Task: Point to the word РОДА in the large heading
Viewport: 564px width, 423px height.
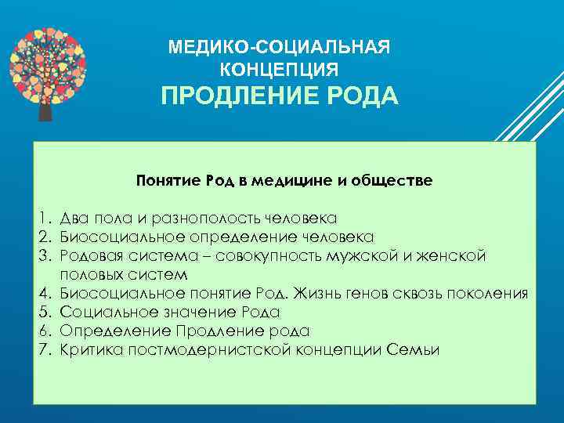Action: [x=360, y=98]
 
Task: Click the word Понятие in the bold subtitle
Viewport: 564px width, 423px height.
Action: [x=167, y=181]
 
